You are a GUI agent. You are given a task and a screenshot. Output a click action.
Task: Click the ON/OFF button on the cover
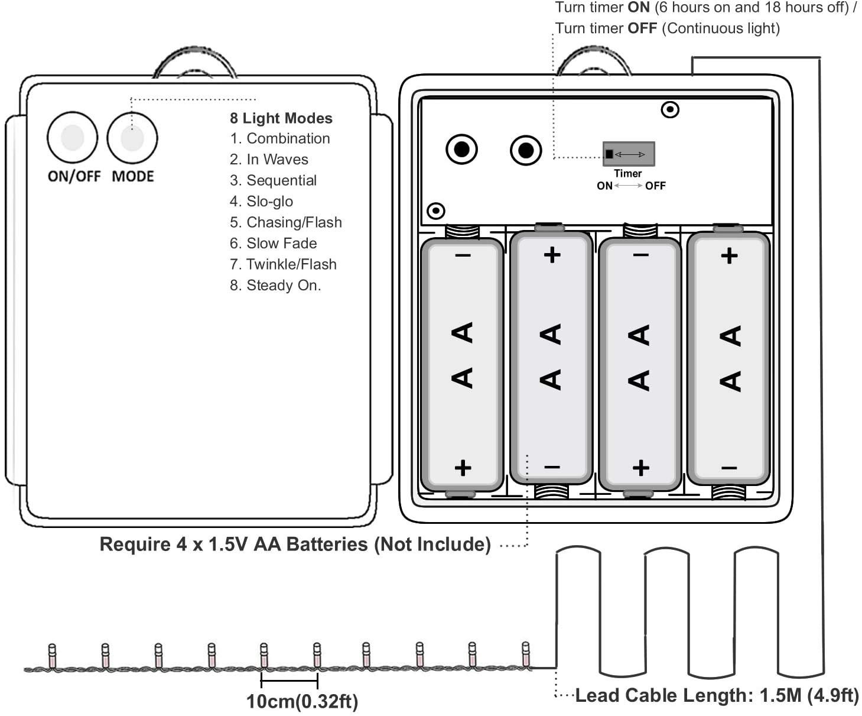72,137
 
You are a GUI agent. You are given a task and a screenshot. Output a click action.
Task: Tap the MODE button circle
132,138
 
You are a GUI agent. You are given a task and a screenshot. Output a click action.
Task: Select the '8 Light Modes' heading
281,118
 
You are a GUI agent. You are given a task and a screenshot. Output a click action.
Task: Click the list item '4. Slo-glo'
261,202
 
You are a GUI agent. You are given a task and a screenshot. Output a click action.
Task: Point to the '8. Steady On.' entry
275,286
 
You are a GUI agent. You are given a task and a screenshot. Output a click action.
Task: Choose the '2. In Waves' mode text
269,160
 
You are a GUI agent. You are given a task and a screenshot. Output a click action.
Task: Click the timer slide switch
628,154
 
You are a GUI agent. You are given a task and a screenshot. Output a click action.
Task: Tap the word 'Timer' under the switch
627,173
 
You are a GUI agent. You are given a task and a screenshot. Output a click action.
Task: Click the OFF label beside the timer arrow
655,186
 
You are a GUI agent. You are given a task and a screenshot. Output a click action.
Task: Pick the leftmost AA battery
462,364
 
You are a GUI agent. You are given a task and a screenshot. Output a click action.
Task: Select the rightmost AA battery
728,358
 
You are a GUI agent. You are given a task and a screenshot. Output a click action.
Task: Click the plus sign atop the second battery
552,255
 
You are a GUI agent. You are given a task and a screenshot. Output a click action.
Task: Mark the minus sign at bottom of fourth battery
729,468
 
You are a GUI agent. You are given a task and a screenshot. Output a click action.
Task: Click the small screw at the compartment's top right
669,109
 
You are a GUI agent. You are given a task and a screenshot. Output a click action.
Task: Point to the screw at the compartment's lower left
435,211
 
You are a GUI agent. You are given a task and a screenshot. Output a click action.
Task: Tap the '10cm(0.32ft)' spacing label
302,701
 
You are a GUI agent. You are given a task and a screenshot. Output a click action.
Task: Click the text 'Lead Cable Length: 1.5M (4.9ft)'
717,695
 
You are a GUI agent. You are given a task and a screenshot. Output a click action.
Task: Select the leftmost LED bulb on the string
51,655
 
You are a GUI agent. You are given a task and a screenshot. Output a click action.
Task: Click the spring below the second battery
551,491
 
